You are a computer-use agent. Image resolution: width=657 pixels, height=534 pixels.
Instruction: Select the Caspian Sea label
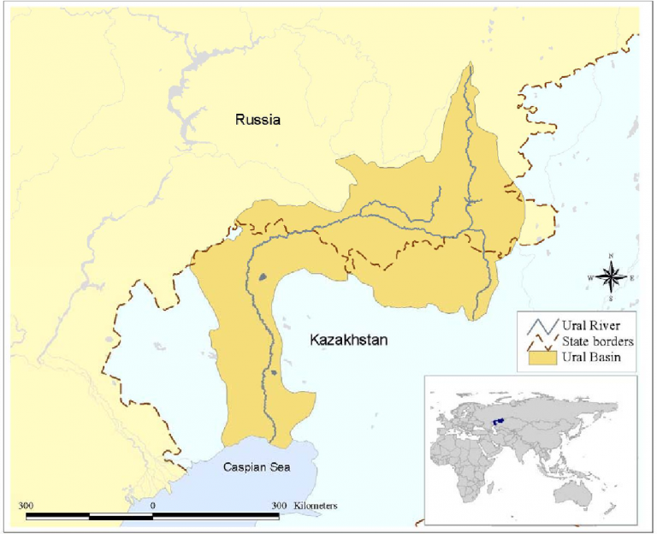(257, 467)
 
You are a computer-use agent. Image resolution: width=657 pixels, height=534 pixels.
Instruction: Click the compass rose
(611, 276)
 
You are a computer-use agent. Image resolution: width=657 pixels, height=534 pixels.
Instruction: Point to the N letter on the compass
(611, 256)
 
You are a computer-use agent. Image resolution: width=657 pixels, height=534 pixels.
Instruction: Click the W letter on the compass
(590, 276)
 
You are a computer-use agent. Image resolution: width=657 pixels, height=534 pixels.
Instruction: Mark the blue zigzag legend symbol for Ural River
(537, 325)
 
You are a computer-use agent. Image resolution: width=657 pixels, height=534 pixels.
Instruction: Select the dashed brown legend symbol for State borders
(537, 341)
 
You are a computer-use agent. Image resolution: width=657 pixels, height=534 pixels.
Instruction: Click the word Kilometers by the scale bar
(316, 506)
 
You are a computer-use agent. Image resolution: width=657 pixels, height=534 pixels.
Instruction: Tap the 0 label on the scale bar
(153, 506)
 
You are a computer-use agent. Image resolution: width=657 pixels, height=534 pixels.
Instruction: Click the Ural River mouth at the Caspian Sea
(275, 443)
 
